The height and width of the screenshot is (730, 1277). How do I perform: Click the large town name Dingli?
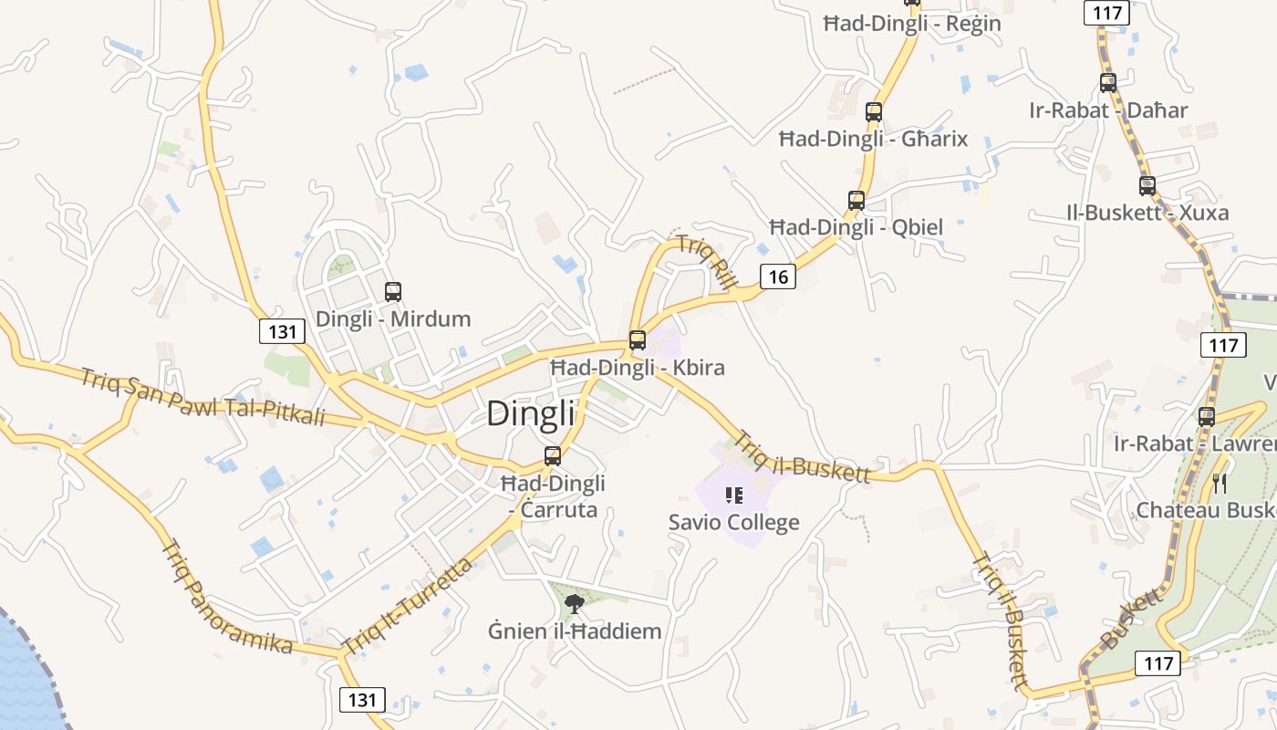[531, 413]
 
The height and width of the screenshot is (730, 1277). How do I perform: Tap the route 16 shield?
[777, 276]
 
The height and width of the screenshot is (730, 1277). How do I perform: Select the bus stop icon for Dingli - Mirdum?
[393, 292]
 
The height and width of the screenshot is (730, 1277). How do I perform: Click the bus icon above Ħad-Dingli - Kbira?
[638, 340]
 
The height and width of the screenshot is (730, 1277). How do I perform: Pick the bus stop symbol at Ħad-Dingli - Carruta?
[553, 456]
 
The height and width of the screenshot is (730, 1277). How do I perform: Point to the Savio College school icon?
[734, 495]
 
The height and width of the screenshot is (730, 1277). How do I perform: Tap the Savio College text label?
[733, 523]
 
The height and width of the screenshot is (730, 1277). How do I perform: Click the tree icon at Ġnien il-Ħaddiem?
[574, 602]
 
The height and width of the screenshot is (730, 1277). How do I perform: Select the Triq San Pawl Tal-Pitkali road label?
[202, 397]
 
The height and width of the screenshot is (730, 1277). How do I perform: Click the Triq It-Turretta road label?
[408, 606]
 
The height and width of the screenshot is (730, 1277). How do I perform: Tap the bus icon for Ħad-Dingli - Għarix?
[874, 112]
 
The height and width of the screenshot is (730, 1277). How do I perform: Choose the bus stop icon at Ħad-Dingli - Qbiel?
[857, 200]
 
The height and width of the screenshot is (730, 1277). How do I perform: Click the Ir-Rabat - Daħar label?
[1108, 110]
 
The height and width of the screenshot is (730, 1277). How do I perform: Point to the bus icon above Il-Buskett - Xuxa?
[1147, 186]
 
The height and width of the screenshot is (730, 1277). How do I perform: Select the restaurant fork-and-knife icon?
[1220, 482]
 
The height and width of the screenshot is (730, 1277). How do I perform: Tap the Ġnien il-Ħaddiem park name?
[574, 631]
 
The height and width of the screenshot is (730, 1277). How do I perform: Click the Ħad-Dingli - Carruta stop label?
[553, 495]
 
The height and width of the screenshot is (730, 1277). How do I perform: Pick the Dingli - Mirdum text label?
[393, 319]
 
